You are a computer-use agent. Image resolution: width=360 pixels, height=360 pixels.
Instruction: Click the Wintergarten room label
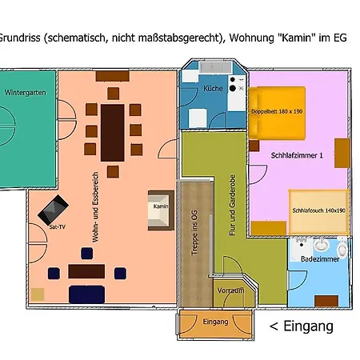[x=24, y=93]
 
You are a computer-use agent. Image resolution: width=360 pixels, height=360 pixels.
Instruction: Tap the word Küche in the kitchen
[x=212, y=88]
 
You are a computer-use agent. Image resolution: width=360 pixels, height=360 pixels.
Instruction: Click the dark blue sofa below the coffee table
[x=87, y=294]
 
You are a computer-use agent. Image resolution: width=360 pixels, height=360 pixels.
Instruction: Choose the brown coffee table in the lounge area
[x=86, y=271]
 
